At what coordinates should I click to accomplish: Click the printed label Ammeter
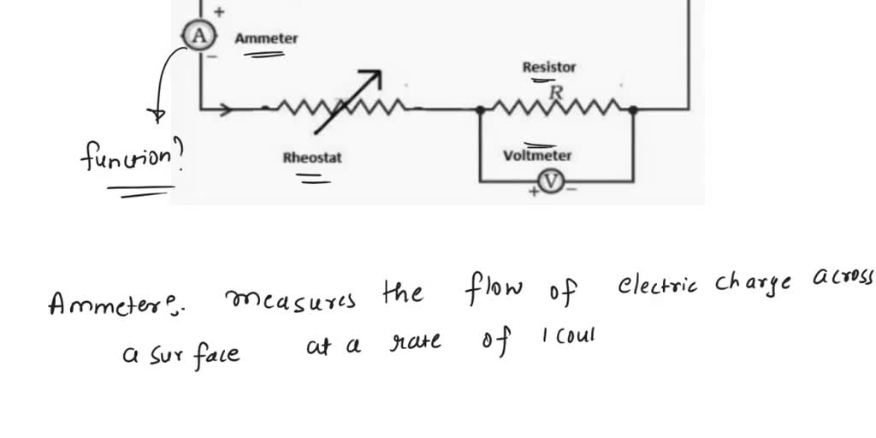pos(267,38)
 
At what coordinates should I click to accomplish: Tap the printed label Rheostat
pos(312,157)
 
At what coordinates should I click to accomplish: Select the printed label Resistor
pos(549,67)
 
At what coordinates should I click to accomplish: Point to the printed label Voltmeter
pos(537,156)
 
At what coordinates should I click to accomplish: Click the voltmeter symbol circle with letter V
pos(553,181)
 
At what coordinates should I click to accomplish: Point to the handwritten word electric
pos(659,287)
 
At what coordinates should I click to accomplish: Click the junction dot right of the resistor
pos(633,109)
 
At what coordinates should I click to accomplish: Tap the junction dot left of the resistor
pos(481,109)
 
